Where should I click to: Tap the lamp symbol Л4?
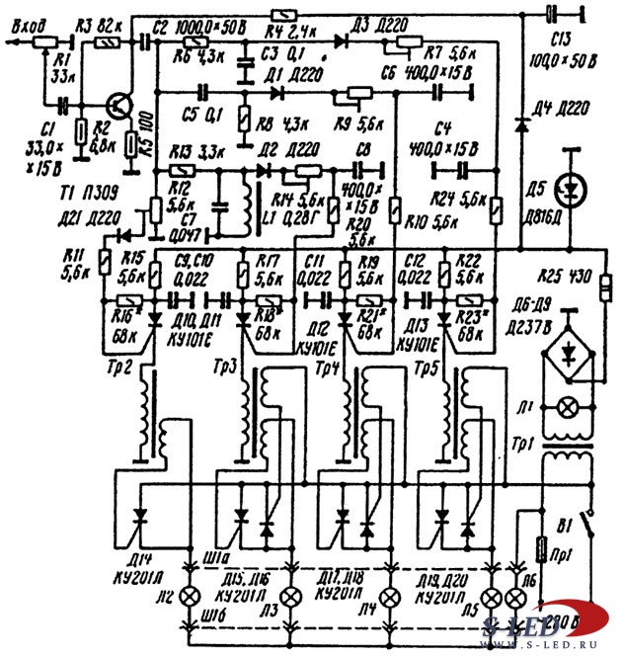point(392,598)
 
